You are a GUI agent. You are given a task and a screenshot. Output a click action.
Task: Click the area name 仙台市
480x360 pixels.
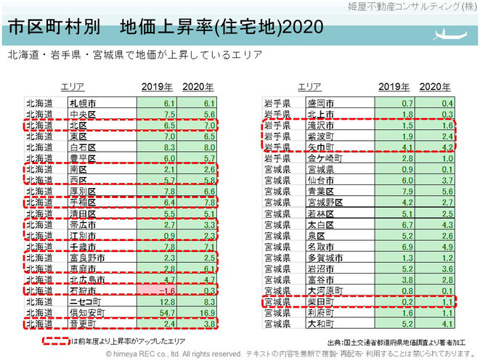tap(319, 179)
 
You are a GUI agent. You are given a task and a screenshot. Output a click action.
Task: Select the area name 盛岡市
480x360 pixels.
tap(319, 103)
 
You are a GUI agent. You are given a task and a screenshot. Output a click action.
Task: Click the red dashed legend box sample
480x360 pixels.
tap(57, 338)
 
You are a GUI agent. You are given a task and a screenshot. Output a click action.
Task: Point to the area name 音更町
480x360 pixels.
tap(82, 322)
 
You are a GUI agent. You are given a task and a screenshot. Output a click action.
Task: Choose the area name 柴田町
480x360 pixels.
tap(319, 300)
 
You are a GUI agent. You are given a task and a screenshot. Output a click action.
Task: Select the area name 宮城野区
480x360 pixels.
tap(323, 202)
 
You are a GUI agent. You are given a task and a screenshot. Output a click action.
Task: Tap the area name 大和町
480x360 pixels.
tap(319, 322)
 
